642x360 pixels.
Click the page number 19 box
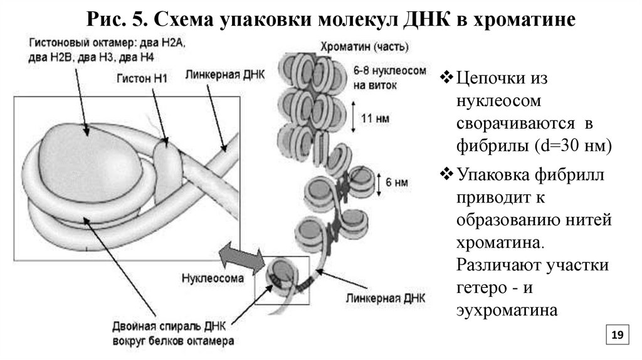pos(616,336)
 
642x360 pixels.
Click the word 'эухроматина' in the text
pos(507,310)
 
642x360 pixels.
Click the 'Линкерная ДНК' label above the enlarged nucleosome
pos(225,75)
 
